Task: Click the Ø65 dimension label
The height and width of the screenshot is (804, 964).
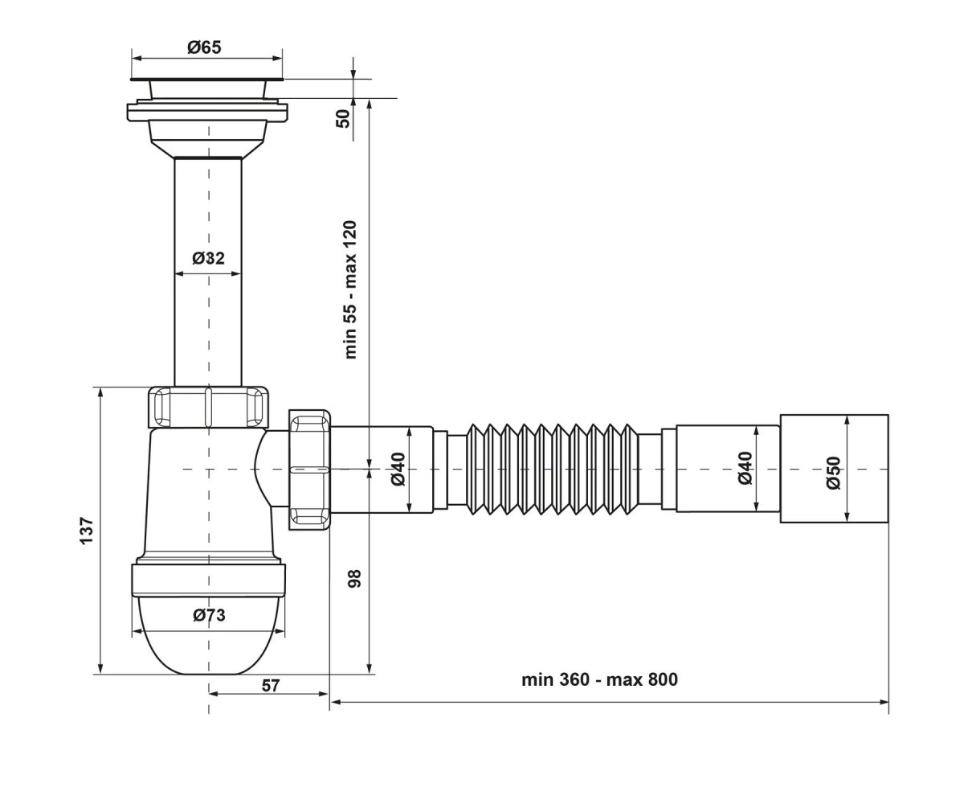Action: coord(204,47)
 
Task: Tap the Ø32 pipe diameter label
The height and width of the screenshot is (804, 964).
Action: coord(208,258)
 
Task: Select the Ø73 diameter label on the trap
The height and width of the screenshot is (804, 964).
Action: coord(209,615)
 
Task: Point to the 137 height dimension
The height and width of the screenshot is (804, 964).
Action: coord(87,531)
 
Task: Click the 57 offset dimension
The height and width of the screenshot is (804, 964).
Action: coord(271,685)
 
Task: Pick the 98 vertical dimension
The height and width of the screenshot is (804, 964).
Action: coord(354,579)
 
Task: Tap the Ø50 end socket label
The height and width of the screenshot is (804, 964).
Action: coord(834,473)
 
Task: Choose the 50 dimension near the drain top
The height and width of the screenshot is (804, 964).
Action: coord(344,119)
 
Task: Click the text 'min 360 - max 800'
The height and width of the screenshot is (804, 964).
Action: coord(599,679)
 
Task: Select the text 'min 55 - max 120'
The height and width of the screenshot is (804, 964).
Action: coord(351,289)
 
